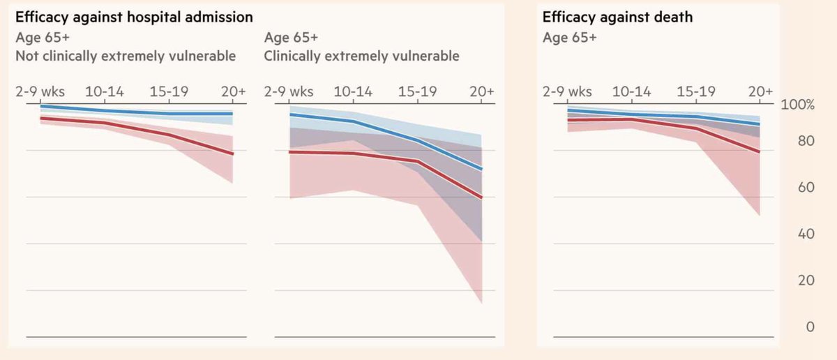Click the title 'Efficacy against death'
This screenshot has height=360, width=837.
click(x=617, y=17)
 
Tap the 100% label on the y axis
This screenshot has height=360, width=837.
click(x=798, y=105)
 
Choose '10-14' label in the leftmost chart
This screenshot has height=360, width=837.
click(x=105, y=92)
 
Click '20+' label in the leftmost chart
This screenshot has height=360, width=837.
click(x=233, y=92)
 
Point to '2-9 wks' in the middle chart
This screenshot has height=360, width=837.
click(x=289, y=92)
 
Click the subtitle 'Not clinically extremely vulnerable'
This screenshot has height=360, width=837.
click(x=126, y=56)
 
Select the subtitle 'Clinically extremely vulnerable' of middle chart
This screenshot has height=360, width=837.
click(x=361, y=56)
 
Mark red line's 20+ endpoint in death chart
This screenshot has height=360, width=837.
click(x=760, y=151)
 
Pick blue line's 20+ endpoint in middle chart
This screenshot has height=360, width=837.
click(x=482, y=169)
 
